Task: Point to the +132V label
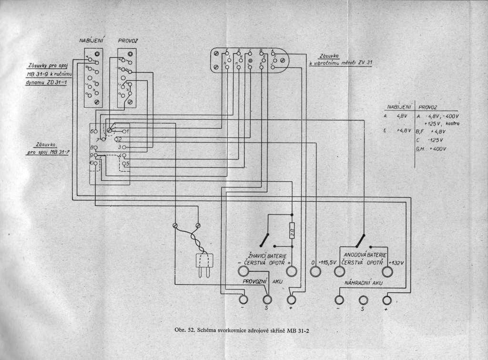[396, 263]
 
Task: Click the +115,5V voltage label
[327, 263]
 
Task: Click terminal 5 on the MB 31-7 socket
[124, 164]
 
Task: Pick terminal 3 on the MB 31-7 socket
[123, 147]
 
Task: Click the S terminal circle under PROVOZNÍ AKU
[267, 299]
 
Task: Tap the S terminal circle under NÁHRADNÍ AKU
[364, 299]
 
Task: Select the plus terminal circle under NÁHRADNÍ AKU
[387, 299]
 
